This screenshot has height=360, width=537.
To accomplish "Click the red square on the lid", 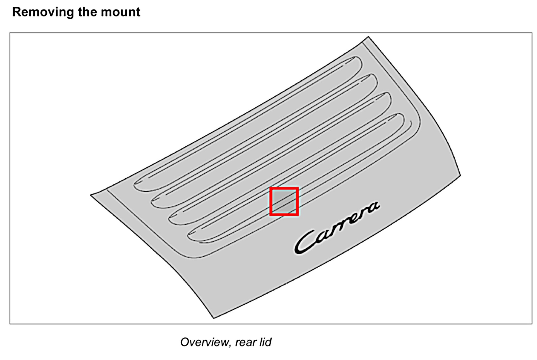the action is coord(284,201).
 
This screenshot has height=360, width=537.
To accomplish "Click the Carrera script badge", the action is coord(336,228).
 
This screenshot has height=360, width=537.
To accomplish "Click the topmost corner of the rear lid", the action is coord(368,37).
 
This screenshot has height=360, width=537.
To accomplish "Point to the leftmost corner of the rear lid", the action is coord(91,195).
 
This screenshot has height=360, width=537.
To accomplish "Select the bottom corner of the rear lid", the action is coord(214,318).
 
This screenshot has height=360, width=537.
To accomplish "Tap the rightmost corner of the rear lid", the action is coord(460,175).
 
